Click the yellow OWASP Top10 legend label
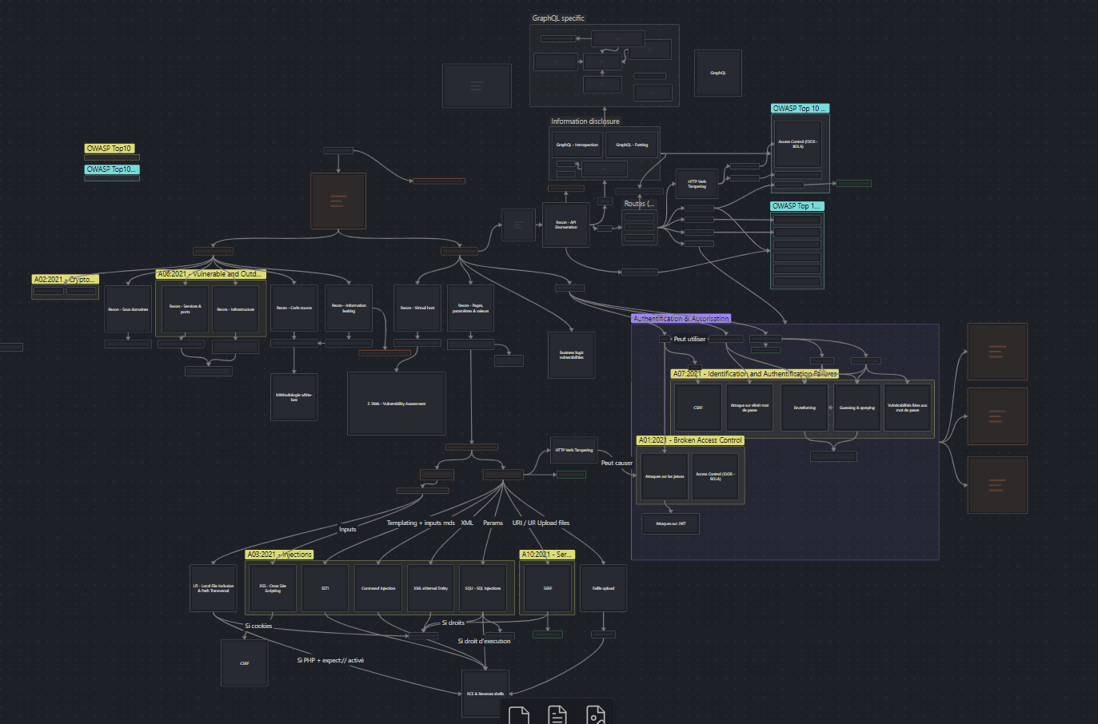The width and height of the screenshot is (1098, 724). click(x=109, y=149)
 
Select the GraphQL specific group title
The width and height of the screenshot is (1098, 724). click(x=558, y=18)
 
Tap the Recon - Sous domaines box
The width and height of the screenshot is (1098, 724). click(x=128, y=309)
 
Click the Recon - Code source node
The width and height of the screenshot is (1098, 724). click(x=294, y=308)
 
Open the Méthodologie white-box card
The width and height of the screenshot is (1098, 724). click(x=294, y=396)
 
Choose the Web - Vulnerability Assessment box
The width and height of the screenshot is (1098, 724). click(x=397, y=404)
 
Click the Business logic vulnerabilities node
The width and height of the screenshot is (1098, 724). click(x=572, y=355)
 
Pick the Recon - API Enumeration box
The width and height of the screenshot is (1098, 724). click(x=566, y=225)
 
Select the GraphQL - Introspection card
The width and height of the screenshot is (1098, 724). click(x=577, y=145)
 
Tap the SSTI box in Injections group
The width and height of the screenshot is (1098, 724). click(x=325, y=588)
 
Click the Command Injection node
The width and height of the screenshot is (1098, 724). click(x=378, y=588)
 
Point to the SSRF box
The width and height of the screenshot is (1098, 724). click(x=548, y=588)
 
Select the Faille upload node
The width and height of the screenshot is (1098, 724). click(x=603, y=588)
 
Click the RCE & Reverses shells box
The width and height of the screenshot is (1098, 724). click(x=485, y=694)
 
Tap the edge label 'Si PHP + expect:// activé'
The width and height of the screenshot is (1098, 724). click(x=330, y=660)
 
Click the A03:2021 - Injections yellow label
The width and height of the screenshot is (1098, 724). click(x=279, y=555)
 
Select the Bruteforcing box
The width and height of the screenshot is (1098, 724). click(x=805, y=408)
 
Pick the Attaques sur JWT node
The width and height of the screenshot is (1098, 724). click(x=670, y=523)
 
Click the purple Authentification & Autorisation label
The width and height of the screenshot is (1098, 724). click(x=681, y=318)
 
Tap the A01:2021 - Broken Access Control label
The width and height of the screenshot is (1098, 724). click(x=690, y=440)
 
